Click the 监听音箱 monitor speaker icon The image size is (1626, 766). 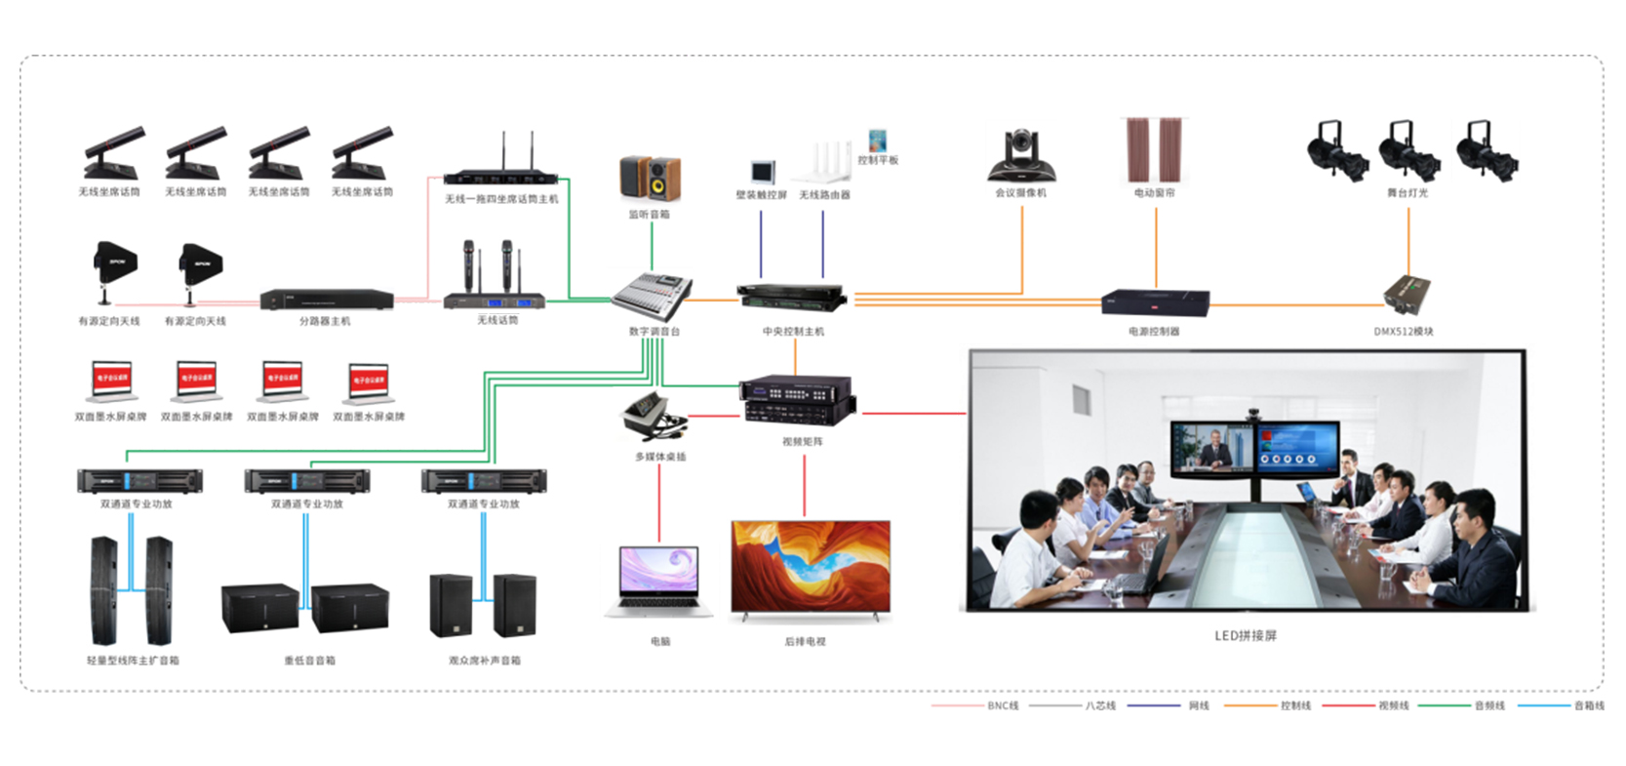(x=650, y=179)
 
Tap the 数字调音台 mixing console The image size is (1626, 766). (x=652, y=296)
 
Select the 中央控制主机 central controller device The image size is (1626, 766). (x=792, y=297)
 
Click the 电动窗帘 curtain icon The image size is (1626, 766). (x=1155, y=150)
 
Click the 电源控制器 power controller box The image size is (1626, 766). (x=1155, y=302)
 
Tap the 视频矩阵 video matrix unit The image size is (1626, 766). (x=798, y=400)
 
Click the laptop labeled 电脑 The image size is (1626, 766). (x=659, y=582)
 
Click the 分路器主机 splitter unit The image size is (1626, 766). (x=326, y=300)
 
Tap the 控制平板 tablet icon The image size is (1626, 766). (x=878, y=141)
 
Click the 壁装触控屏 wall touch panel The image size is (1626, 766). (x=762, y=172)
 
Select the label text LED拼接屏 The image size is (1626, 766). (x=1245, y=636)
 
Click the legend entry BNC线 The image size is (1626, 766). (x=1003, y=706)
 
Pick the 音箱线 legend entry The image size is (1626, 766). (x=1588, y=706)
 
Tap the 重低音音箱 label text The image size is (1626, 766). (x=309, y=661)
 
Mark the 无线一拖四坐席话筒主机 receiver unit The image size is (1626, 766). (x=501, y=178)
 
